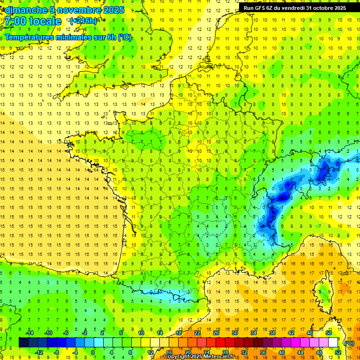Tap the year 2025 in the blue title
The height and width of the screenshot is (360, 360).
[x=113, y=10]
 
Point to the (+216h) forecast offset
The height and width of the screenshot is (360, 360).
[x=83, y=21]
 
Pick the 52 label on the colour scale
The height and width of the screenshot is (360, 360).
[x=338, y=352]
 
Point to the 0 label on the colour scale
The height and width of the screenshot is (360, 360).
[x=93, y=352]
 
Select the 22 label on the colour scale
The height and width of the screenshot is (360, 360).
[x=197, y=333]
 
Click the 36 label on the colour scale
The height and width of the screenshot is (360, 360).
[x=263, y=352]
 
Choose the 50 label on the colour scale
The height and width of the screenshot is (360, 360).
[x=329, y=333]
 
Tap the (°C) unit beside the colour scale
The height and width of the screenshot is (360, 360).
[x=349, y=343]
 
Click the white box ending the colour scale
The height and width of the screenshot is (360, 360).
[x=333, y=342]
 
